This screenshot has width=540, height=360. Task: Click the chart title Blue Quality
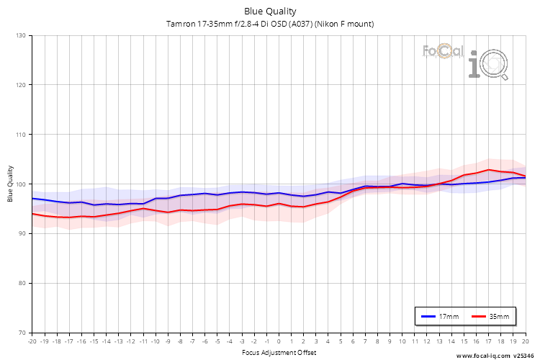(270, 11)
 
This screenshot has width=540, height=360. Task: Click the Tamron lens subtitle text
(270, 24)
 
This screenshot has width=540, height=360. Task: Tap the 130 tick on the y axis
(20, 35)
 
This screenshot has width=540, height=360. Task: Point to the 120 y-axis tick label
(20, 85)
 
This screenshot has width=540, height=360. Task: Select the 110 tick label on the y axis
(20, 135)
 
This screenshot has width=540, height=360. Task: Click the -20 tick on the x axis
(32, 341)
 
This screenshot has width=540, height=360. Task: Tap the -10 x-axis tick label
(155, 341)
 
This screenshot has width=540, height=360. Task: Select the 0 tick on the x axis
(279, 341)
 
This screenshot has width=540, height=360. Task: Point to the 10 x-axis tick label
(402, 341)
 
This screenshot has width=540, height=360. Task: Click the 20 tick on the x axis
(525, 341)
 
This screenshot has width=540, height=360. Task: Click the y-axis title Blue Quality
(10, 184)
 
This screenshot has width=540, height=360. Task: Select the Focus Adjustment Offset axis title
(279, 352)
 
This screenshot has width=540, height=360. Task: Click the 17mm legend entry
(440, 316)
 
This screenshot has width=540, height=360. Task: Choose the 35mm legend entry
(490, 316)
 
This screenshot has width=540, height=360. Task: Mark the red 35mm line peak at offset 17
(488, 170)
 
